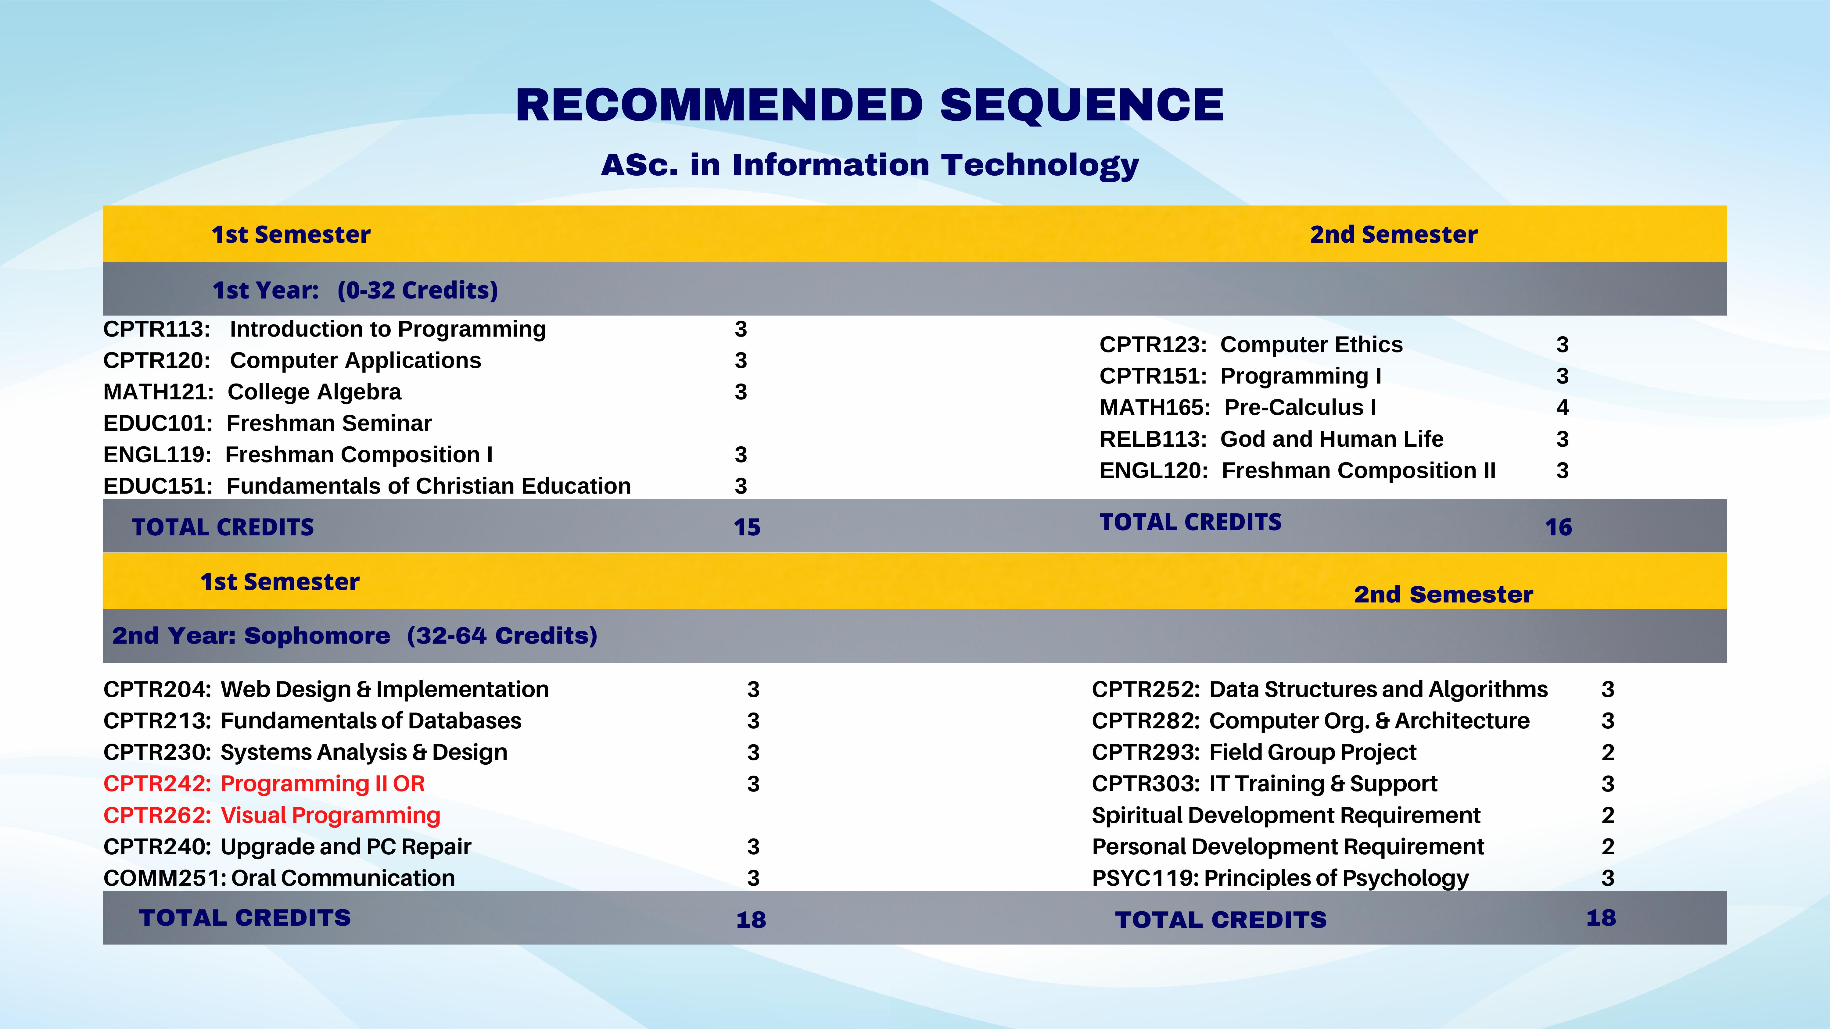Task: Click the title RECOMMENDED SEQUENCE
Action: pos(870,105)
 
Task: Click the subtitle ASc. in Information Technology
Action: pos(870,165)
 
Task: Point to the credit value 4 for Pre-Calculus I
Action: pos(1562,408)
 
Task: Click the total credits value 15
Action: pos(747,528)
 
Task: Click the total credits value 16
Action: pos(1558,528)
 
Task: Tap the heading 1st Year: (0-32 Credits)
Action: pos(355,291)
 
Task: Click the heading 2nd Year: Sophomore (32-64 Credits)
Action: pos(354,636)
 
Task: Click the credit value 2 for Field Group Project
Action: pos(1608,753)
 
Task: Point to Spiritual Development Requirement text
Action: pos(1286,815)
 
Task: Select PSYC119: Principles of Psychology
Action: pos(1280,878)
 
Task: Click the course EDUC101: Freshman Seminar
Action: pos(267,423)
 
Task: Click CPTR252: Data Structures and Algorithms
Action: pos(1319,690)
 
